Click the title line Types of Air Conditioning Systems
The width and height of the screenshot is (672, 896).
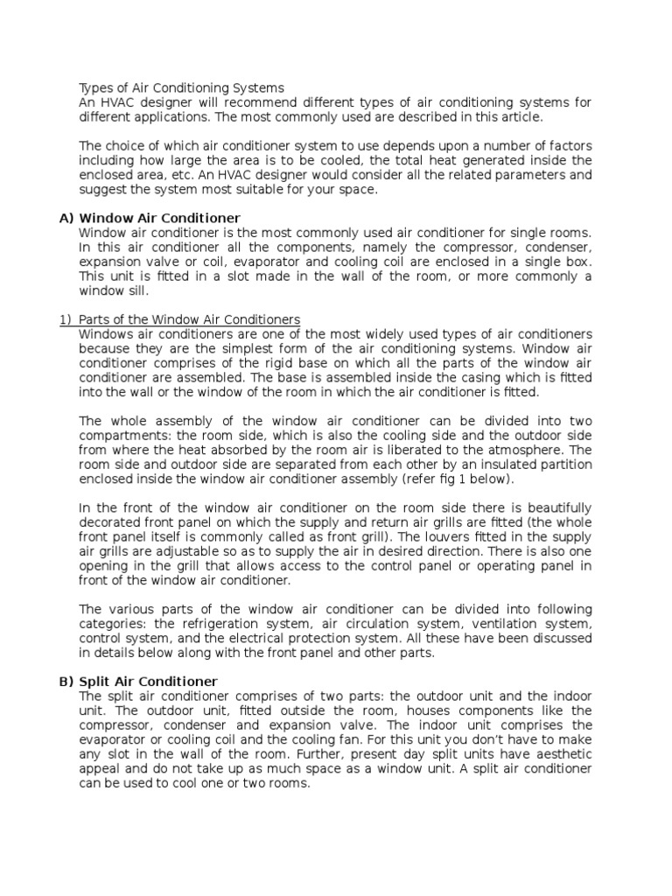tap(181, 87)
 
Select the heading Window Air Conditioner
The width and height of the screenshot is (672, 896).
tap(159, 217)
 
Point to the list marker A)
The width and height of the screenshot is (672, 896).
tap(66, 217)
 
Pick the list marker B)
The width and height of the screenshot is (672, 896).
tap(66, 681)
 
